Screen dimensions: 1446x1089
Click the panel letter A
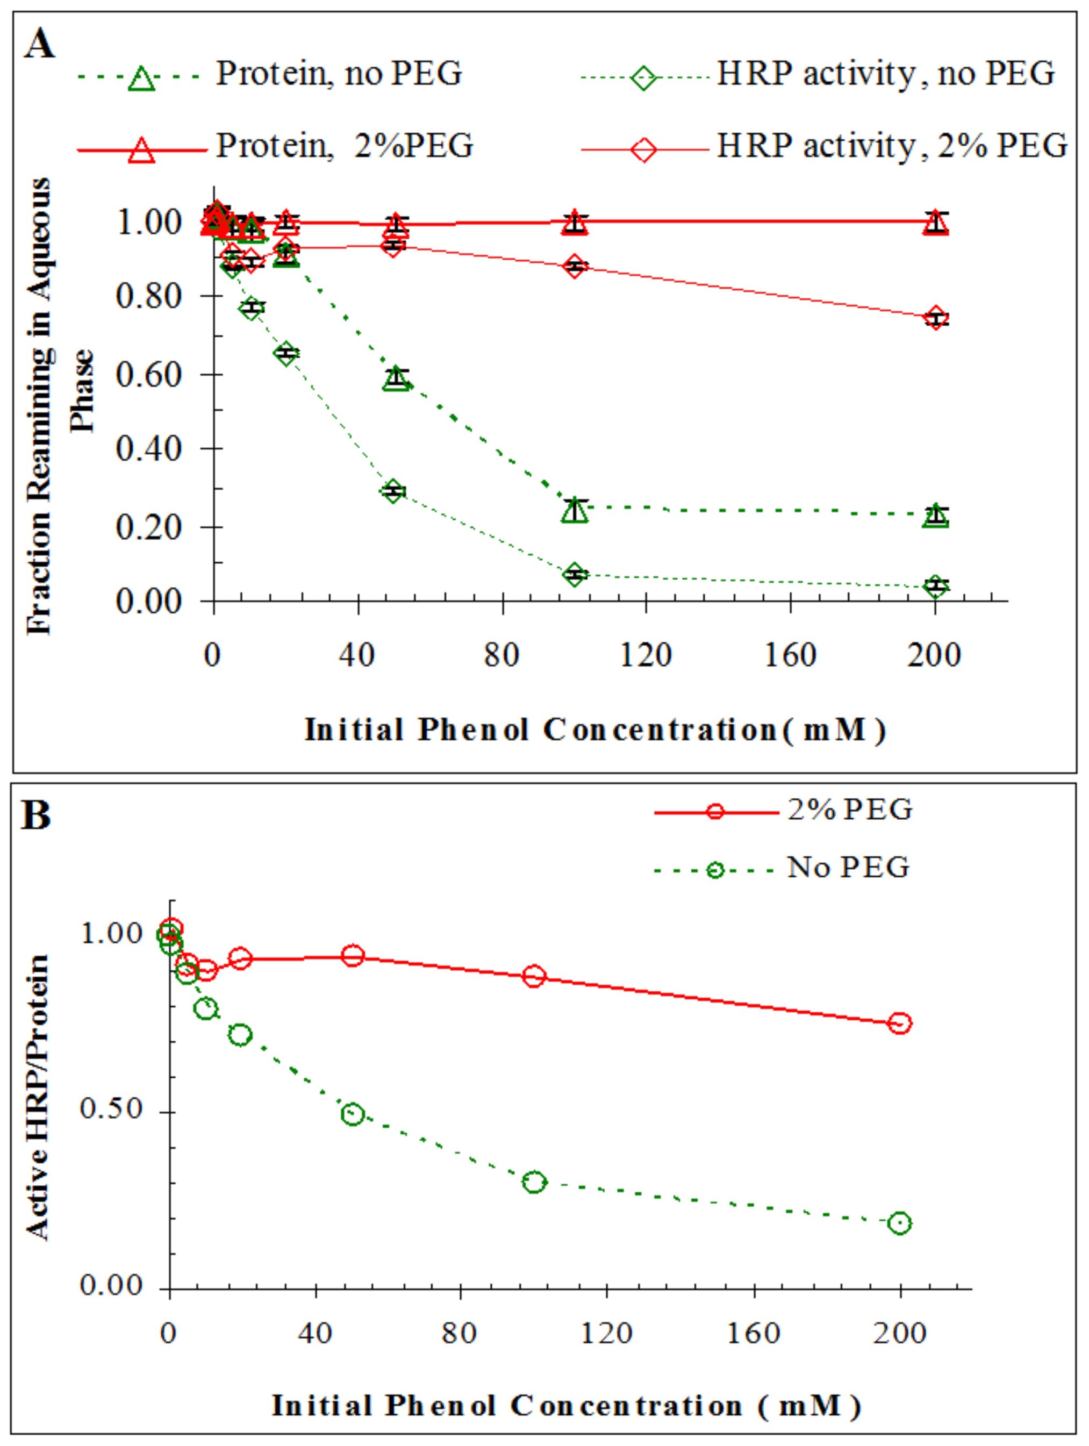pyautogui.click(x=39, y=46)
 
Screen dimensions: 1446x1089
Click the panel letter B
pyautogui.click(x=36, y=817)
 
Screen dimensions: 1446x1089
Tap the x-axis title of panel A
pyautogui.click(x=595, y=729)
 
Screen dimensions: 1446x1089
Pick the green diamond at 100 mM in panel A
pyautogui.click(x=575, y=575)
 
